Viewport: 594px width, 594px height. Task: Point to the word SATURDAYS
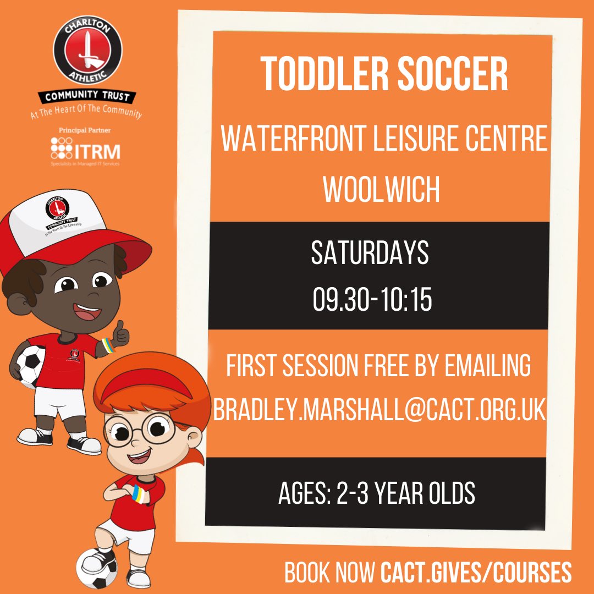pyautogui.click(x=370, y=252)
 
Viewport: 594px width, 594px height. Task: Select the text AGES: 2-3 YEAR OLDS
pyautogui.click(x=377, y=493)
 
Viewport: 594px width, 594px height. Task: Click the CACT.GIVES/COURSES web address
pyautogui.click(x=476, y=573)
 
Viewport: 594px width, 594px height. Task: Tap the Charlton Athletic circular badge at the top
pyautogui.click(x=87, y=52)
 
